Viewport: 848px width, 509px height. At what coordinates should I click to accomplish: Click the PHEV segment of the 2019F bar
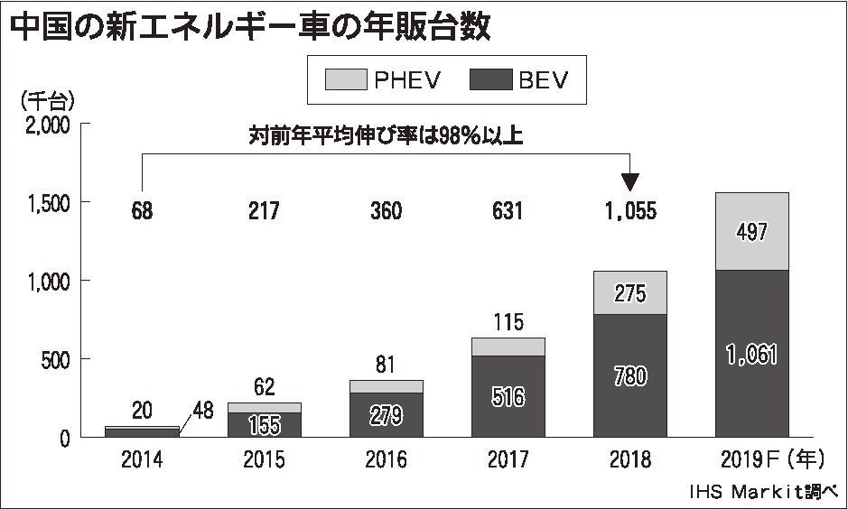coord(752,253)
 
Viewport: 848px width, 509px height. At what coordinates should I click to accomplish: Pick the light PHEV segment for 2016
coord(387,386)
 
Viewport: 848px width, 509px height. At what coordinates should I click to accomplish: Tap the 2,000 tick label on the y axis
coord(44,125)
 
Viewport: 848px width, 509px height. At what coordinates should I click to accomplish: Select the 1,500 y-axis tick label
coord(44,204)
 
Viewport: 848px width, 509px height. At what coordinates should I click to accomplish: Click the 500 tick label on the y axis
coord(55,359)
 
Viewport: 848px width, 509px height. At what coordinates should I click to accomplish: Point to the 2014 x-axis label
coord(142,460)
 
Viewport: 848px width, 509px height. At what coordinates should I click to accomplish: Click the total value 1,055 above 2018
coord(630,212)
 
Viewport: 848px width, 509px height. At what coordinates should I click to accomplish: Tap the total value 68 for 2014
coord(142,212)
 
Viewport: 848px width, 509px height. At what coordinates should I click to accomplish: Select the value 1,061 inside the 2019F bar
coord(752,355)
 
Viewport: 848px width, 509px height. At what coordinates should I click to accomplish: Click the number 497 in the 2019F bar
coord(752,232)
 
